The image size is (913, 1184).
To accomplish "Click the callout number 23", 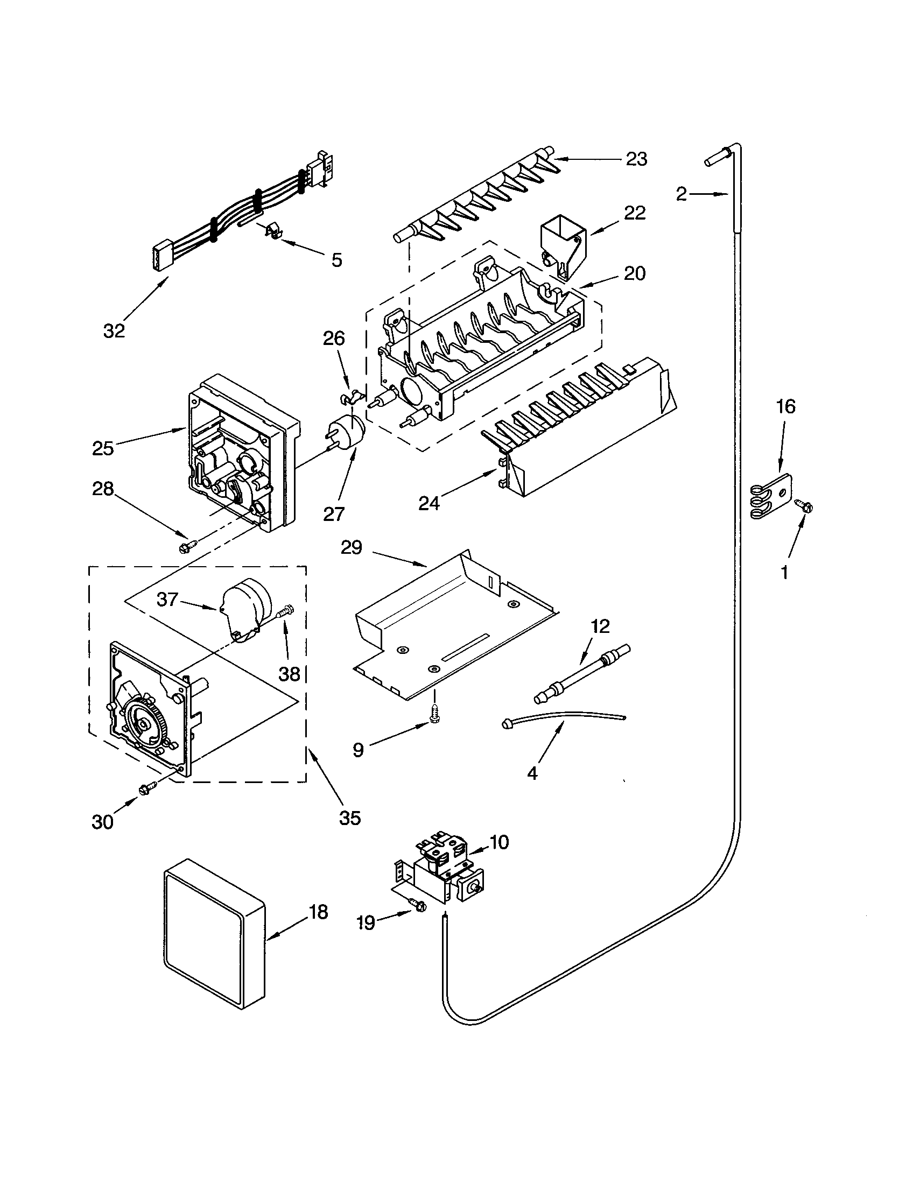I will click(636, 159).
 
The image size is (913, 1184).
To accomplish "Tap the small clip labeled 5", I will click(273, 231).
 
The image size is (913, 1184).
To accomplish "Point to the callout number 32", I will click(114, 330).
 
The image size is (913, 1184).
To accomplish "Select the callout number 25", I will click(102, 448).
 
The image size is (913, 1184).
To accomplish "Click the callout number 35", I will click(350, 817).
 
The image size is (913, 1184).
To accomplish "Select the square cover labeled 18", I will click(214, 933).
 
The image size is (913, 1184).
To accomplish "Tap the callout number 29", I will click(351, 547).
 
